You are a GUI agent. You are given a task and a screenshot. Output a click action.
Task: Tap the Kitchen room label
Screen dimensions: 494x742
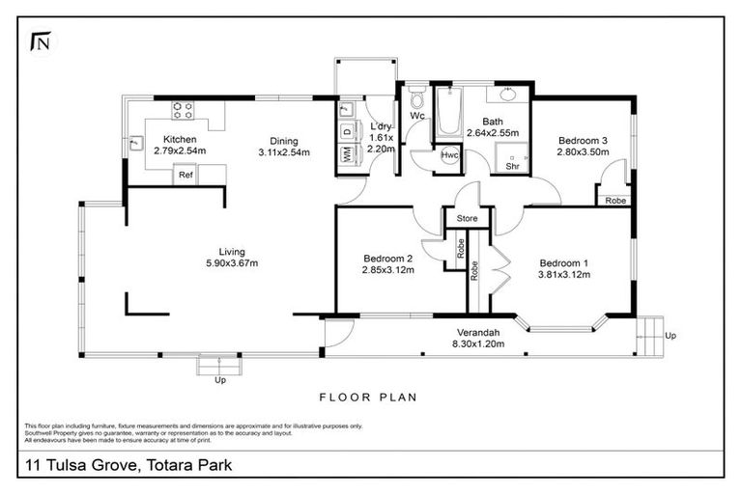pyautogui.click(x=180, y=140)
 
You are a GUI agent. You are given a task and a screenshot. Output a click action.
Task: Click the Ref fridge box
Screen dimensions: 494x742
pyautogui.click(x=185, y=176)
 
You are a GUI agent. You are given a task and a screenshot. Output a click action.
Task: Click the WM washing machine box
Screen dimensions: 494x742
pyautogui.click(x=346, y=154)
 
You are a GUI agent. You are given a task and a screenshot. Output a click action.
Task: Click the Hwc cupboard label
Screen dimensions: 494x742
pyautogui.click(x=449, y=155)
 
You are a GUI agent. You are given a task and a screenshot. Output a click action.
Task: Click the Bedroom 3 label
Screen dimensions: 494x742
pyautogui.click(x=583, y=141)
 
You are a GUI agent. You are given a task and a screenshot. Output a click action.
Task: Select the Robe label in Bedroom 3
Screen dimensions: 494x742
pyautogui.click(x=614, y=201)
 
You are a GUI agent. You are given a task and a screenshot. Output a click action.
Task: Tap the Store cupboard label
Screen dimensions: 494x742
pyautogui.click(x=468, y=220)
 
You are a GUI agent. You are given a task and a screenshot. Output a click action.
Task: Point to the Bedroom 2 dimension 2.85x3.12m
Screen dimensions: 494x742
pyautogui.click(x=388, y=270)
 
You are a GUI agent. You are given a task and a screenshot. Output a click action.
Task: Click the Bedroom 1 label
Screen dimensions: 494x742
pyautogui.click(x=564, y=263)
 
